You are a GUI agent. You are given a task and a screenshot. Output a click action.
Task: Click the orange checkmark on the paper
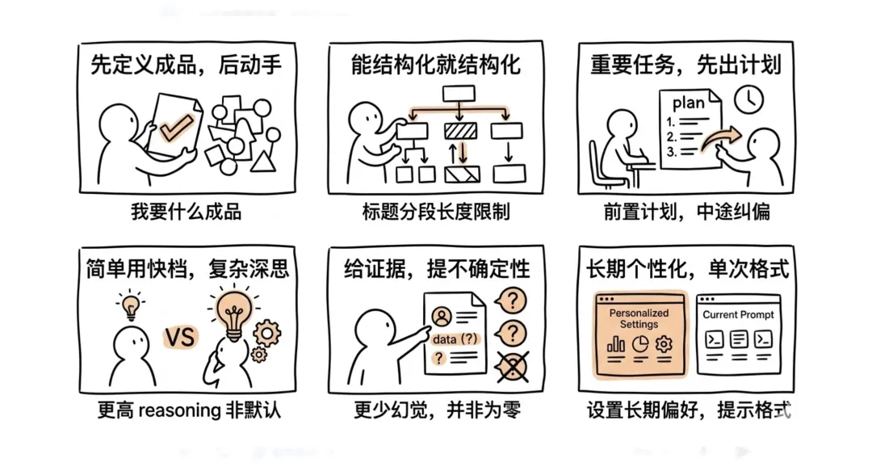pos(176,126)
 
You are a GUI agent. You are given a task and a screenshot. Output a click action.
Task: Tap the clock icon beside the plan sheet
pos(748,99)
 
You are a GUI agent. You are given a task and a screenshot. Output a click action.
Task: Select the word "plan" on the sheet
pos(688,103)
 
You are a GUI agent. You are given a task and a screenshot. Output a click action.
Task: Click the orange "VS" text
pos(180,336)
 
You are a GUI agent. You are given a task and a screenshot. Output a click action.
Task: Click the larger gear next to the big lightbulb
pos(266,332)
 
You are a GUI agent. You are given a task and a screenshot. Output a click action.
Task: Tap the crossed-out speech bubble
pos(512,368)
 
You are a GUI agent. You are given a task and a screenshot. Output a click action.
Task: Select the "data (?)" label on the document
pos(455,339)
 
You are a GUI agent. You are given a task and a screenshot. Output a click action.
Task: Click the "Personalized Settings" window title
pos(639,318)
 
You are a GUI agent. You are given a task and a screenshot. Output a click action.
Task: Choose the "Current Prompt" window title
pos(738,314)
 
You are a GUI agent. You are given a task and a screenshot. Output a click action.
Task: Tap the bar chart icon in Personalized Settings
pos(616,344)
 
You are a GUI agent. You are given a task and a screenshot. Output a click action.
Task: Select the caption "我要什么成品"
pos(187,212)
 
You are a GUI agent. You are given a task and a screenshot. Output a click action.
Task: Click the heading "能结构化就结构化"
pos(435,65)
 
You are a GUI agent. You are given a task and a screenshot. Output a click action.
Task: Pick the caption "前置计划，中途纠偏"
pos(686,212)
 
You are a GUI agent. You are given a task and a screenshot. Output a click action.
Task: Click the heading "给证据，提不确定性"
pos(437,268)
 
